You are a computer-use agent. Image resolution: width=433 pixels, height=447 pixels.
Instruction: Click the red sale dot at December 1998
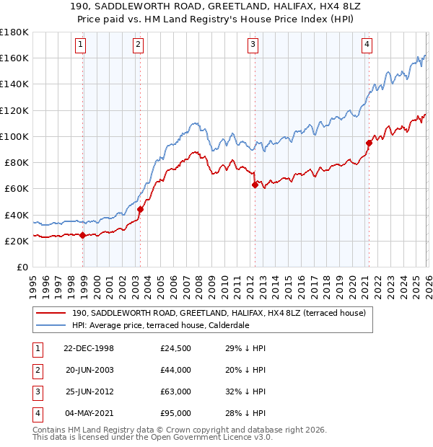[x=82, y=235]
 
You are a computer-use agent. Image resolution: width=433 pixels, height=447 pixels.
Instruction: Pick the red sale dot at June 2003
[x=140, y=209]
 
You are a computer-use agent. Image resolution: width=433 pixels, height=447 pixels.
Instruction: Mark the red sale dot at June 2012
[x=255, y=185]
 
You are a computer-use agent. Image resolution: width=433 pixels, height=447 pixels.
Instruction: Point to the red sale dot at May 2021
[x=369, y=143]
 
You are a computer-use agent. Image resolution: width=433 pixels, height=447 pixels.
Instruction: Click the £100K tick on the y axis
[x=14, y=136]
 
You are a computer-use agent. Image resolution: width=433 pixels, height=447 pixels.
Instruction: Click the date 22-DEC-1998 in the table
[x=89, y=348]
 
